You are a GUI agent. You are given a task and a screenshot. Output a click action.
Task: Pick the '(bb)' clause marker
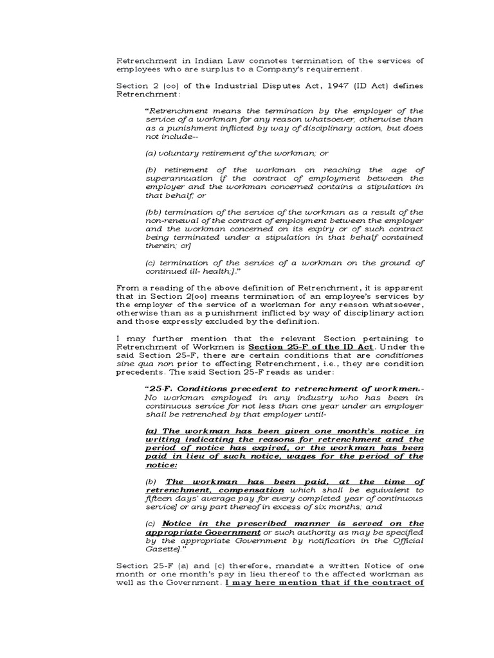154,212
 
